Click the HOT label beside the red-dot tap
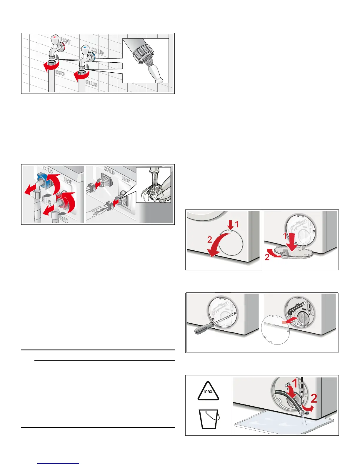coord(65,41)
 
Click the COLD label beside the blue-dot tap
coord(97,51)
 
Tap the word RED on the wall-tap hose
coord(60,73)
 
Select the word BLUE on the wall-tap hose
coord(91,83)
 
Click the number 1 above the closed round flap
coord(236,224)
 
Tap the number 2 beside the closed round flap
coord(209,240)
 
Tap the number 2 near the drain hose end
coord(314,399)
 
